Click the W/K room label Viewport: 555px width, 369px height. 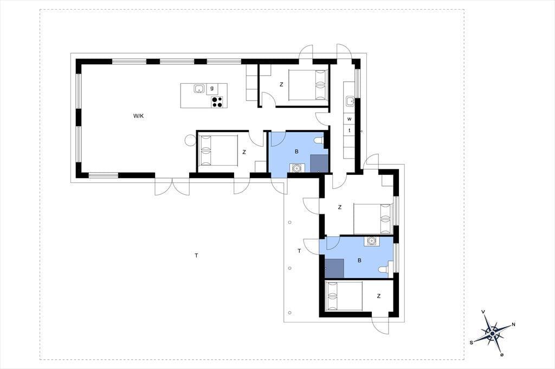[138, 116]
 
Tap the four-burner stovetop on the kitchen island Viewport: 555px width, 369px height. [217, 102]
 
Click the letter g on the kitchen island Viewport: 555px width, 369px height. [212, 88]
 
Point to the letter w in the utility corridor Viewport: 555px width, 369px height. [350, 118]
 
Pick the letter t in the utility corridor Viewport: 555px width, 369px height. [350, 130]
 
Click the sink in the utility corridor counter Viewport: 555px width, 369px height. [350, 101]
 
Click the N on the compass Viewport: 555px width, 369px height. [513, 325]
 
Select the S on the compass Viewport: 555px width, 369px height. [472, 342]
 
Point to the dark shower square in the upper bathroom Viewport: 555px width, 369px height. [319, 163]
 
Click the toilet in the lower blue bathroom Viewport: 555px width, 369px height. [384, 269]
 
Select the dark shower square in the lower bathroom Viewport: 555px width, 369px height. [334, 268]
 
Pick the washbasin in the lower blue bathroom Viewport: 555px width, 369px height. [371, 241]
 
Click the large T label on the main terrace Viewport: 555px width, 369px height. [196, 255]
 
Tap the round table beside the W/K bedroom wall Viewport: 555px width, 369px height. [190, 141]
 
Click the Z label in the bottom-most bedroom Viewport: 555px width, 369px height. [379, 296]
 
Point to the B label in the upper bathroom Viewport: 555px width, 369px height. [296, 151]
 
